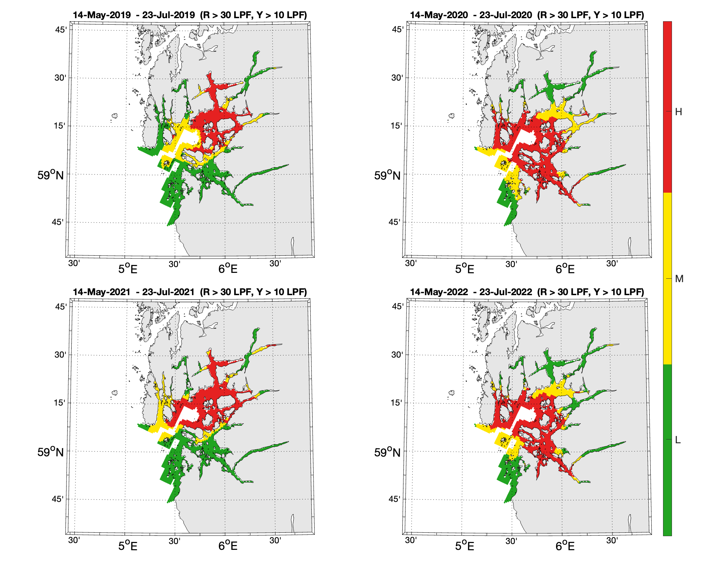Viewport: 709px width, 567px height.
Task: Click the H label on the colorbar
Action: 678,112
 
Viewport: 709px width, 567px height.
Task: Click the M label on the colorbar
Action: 679,279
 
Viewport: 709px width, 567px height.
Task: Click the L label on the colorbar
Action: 677,440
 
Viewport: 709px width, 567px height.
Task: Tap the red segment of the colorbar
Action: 667,107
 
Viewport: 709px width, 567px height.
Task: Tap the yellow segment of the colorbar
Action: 667,278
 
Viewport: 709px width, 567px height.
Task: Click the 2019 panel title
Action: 190,15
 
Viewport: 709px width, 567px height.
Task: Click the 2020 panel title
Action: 527,15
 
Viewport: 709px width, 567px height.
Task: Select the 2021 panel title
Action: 190,292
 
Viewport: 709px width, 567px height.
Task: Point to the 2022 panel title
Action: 527,292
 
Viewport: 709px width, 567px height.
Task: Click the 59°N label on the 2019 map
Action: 50,175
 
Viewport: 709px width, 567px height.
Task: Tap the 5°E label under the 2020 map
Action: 464,269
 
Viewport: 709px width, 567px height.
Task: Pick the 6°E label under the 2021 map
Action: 228,546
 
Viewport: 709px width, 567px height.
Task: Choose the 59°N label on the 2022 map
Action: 387,452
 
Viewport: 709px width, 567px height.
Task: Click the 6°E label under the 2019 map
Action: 228,269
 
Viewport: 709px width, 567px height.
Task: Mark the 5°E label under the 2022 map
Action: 464,546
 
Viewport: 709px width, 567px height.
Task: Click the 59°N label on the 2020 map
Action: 387,175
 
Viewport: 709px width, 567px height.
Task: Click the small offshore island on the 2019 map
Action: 115,116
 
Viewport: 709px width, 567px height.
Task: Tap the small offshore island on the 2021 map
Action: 115,393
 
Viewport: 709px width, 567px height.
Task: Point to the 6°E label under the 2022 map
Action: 565,546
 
